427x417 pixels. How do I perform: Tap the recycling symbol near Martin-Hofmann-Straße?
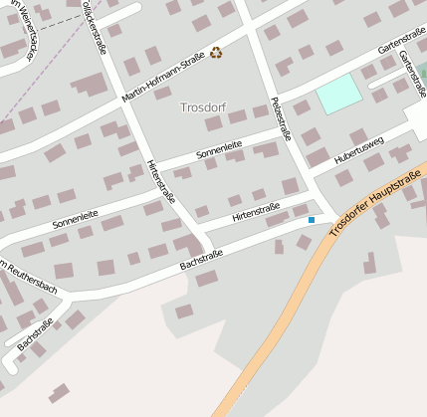216,53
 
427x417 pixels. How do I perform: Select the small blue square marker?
312,219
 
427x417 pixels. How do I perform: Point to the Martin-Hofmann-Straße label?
162,79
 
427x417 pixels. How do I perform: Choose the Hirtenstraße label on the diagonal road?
158,183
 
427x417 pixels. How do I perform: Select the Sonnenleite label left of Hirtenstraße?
77,219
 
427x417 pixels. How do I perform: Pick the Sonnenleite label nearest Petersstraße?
219,150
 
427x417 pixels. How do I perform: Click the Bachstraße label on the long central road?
201,260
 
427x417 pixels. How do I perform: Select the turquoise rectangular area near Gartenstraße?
337,94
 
